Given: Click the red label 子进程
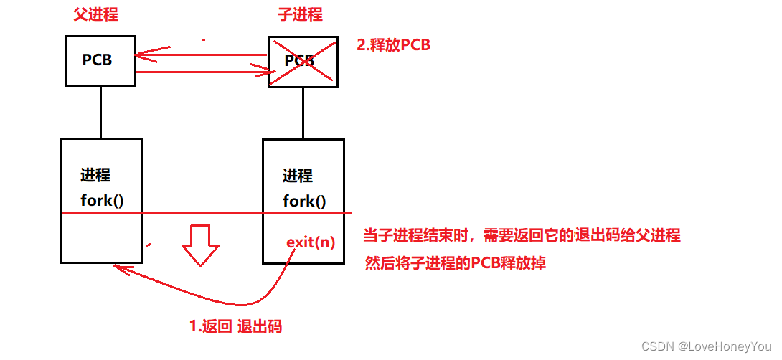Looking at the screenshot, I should click(x=300, y=14).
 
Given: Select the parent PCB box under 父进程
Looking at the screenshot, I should click(x=100, y=61).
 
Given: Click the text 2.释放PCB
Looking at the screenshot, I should click(x=393, y=44).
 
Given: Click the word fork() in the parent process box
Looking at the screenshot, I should click(x=102, y=200).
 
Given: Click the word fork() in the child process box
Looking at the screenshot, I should click(x=304, y=201).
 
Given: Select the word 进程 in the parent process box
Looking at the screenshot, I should click(x=95, y=176).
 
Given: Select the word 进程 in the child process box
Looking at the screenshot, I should click(x=298, y=176).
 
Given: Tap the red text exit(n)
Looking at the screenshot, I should click(x=310, y=242).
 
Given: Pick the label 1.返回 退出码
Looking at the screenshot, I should click(x=235, y=326).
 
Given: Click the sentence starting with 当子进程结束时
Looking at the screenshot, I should click(x=522, y=235).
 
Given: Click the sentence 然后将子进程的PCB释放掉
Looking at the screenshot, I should click(x=456, y=263).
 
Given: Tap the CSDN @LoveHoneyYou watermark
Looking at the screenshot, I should click(x=706, y=346).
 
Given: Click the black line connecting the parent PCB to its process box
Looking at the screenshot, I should click(x=100, y=113).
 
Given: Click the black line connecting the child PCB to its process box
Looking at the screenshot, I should click(x=303, y=113).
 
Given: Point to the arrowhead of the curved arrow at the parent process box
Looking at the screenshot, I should click(x=118, y=268).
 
